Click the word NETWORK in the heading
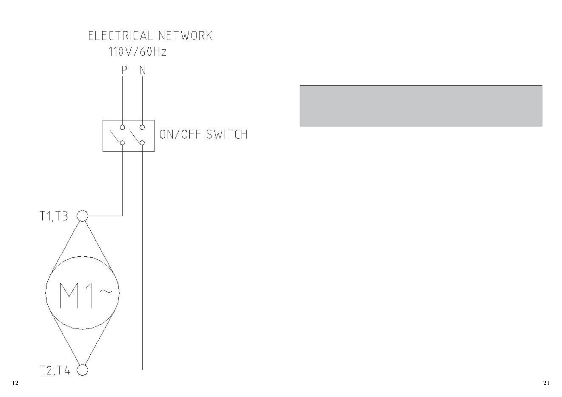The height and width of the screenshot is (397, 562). tap(185, 36)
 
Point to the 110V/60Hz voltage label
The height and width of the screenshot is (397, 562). tap(137, 52)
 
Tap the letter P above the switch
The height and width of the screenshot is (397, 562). tap(124, 70)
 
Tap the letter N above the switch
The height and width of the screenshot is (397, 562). tap(143, 70)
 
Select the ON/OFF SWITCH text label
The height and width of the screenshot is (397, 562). tap(203, 134)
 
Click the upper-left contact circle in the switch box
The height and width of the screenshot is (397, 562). tap(122, 127)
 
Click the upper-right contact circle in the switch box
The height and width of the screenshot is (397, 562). tap(142, 127)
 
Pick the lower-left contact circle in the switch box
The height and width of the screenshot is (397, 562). tap(122, 143)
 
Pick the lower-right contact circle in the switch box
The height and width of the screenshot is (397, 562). tap(142, 143)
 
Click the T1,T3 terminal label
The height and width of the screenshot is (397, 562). tap(54, 216)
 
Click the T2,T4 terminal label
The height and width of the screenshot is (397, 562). tap(55, 371)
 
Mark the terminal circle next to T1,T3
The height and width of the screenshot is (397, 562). tap(83, 216)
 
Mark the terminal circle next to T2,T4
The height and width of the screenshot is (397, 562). tap(83, 370)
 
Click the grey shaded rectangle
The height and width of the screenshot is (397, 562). tap(421, 106)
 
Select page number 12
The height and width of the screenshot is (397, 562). tap(15, 383)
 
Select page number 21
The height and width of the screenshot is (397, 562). tap(546, 383)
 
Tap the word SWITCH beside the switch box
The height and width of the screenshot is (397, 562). tap(227, 134)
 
